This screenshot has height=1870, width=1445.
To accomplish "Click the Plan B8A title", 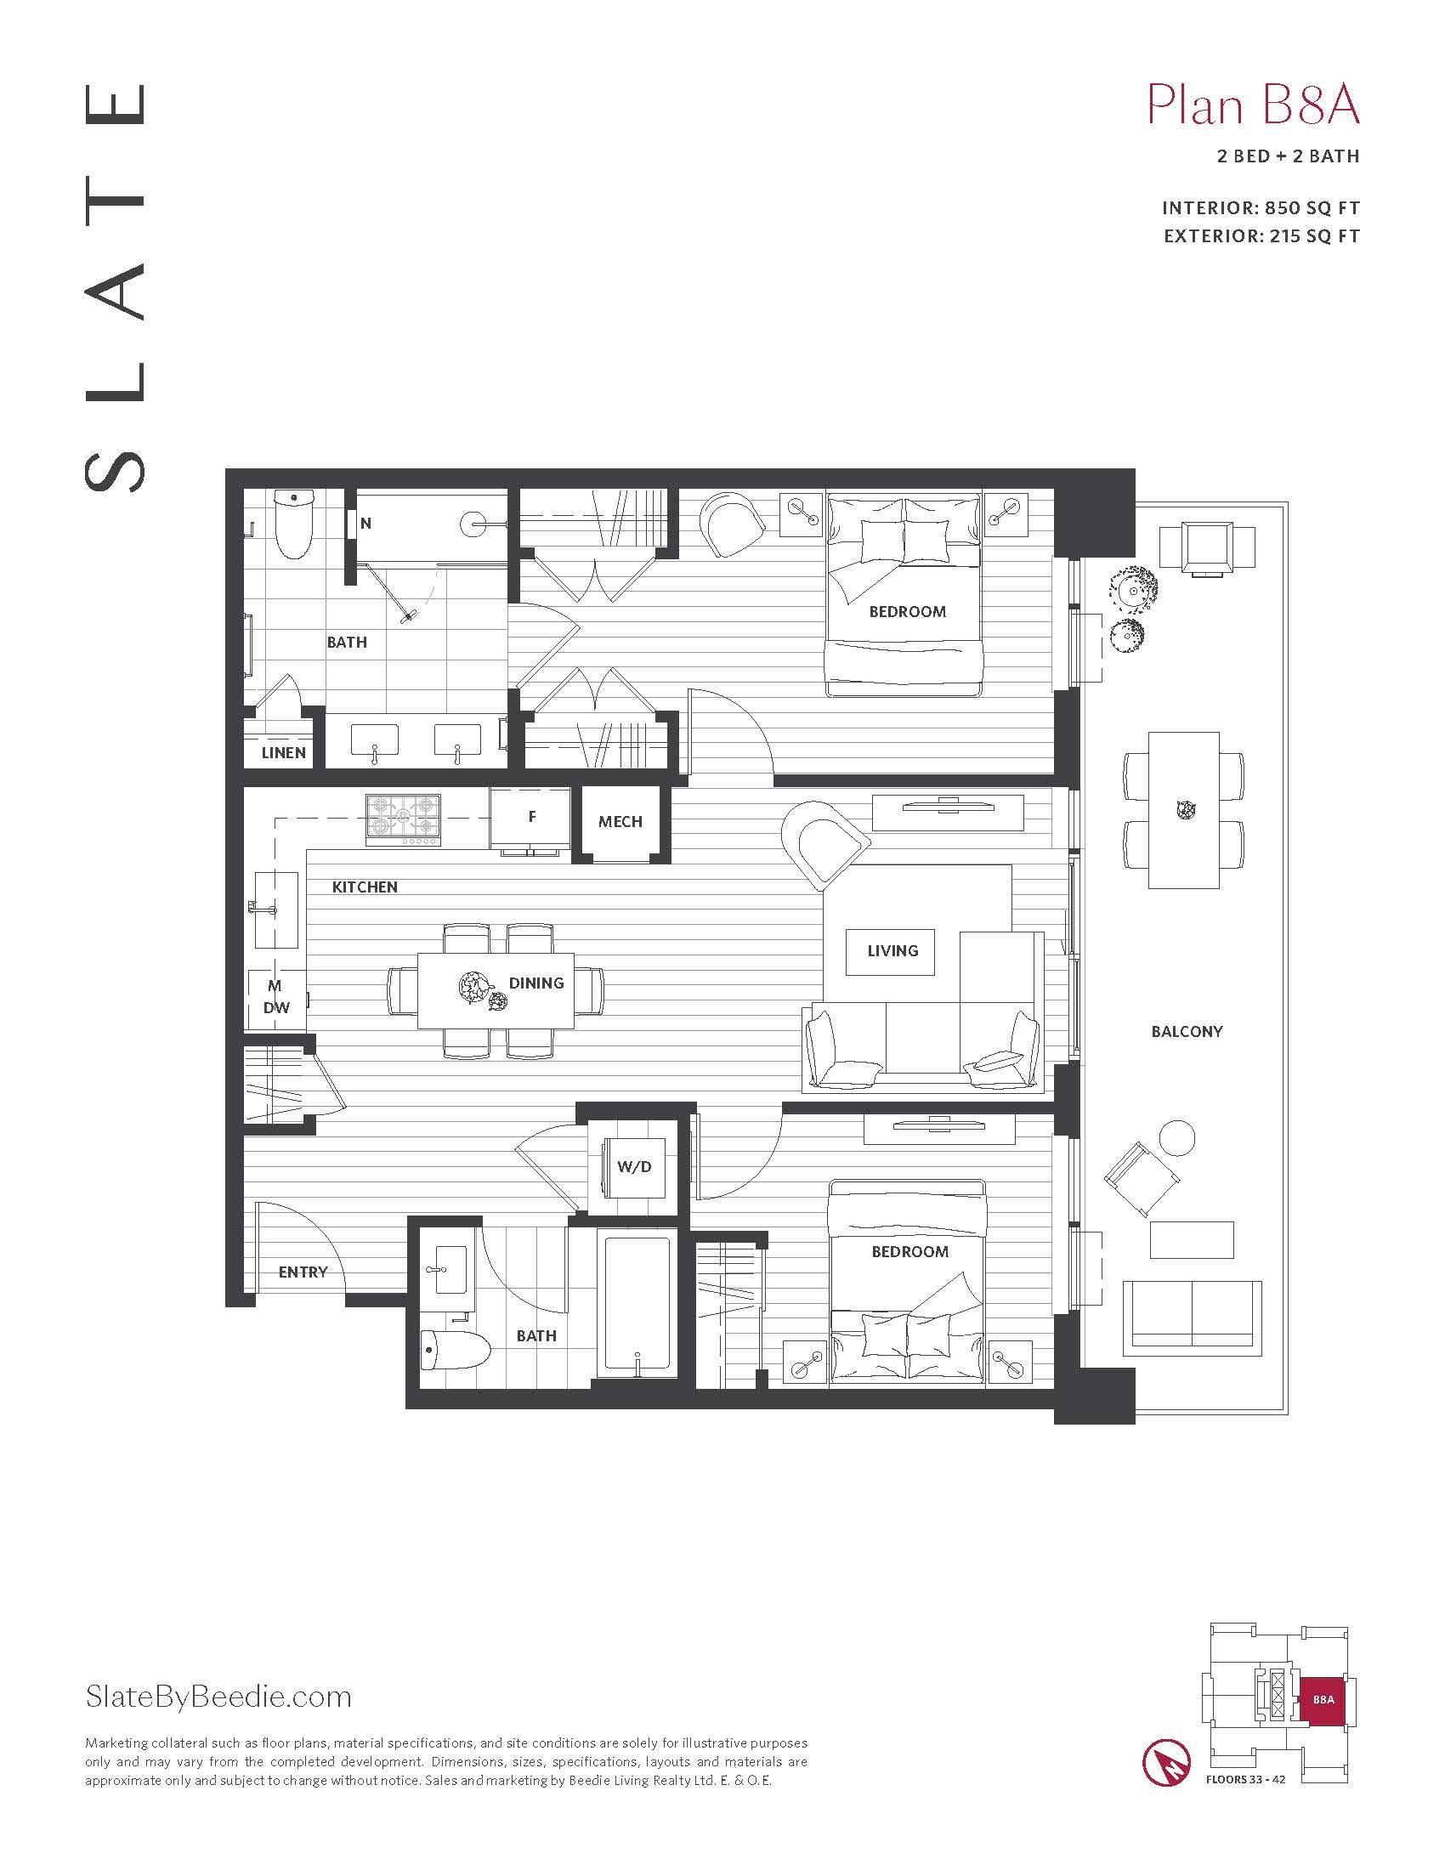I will coord(1252,106).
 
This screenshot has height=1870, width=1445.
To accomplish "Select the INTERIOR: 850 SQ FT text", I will coord(1260,208).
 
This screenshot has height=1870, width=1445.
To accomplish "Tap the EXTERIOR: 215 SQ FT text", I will coord(1261,236).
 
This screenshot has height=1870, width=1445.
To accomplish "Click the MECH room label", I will coord(620,821).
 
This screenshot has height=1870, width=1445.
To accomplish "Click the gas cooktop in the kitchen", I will coord(403,819).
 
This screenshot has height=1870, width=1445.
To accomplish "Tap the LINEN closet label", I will coord(283,752).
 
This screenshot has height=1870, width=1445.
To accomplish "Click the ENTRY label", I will coord(303,1272).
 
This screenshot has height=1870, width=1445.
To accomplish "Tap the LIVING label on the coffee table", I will coord(892,950).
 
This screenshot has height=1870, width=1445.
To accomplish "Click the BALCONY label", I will coord(1187,1032).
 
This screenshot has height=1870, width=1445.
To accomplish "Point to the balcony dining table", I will coord(1183,810).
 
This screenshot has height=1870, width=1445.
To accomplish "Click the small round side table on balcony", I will coord(1176,1138).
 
